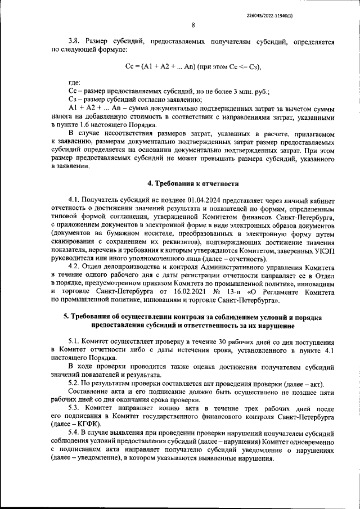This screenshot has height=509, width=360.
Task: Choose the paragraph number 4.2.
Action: pyautogui.click(x=74, y=267)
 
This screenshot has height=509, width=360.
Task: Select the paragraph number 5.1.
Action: pyautogui.click(x=74, y=342)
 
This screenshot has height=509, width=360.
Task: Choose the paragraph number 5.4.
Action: pyautogui.click(x=74, y=434)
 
